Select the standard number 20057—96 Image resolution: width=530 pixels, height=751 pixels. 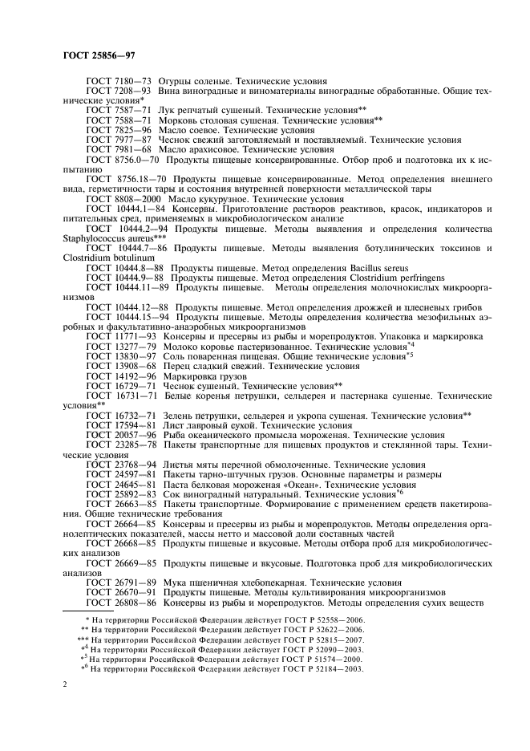135,436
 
